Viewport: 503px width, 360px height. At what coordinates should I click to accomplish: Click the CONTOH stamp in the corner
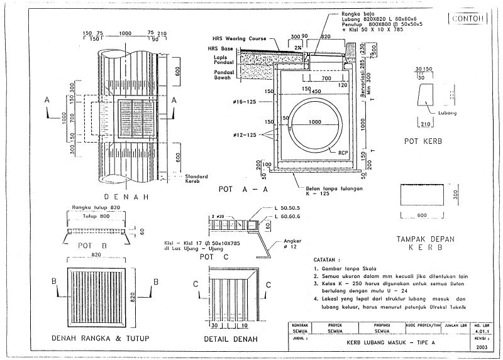[x=468, y=19]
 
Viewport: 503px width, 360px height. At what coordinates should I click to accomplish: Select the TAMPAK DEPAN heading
[x=427, y=239]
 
